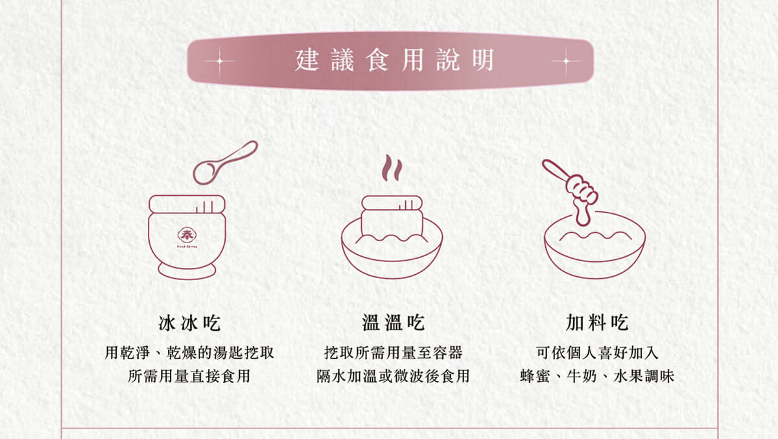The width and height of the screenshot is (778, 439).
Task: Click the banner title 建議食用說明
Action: tap(394, 61)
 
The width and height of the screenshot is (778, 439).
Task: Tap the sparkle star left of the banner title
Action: tap(219, 61)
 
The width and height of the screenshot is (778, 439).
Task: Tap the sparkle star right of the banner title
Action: tap(566, 61)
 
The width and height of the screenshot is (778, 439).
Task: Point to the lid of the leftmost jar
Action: tap(187, 204)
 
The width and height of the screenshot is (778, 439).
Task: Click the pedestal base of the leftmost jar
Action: tap(187, 271)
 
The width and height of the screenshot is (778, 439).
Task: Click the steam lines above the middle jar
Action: tap(391, 169)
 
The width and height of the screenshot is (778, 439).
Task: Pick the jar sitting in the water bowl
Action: tap(392, 217)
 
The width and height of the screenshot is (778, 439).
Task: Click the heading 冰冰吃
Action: tap(189, 322)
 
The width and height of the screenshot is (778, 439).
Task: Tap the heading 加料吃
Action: tap(597, 322)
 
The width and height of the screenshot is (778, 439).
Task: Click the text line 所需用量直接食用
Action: tap(189, 376)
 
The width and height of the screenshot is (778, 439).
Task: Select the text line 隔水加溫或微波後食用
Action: tap(393, 376)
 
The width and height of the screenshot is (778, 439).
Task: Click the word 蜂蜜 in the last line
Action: tap(535, 376)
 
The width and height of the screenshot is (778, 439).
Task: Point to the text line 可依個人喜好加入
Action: tap(597, 353)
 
